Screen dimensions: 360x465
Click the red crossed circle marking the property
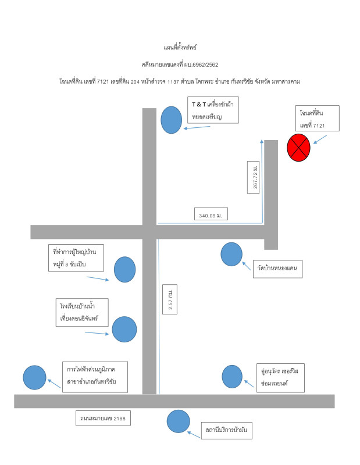tap(298, 148)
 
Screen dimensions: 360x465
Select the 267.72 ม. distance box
tap(253, 177)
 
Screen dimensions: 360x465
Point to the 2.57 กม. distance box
tap(170, 299)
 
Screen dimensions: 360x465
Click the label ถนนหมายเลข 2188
tap(103, 418)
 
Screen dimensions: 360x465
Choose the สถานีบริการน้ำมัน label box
tap(227, 431)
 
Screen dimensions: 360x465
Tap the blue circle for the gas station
tap(179, 421)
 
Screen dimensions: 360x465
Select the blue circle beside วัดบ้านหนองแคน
tap(231, 254)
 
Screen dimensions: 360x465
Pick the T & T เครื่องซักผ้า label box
tap(213, 110)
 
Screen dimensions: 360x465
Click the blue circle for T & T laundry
tap(171, 120)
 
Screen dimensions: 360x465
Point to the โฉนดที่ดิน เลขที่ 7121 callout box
tap(318, 119)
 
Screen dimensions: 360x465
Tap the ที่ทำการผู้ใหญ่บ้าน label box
tap(76, 258)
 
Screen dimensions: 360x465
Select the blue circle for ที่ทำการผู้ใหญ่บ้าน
tap(124, 269)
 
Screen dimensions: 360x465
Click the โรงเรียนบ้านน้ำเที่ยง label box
tap(82, 313)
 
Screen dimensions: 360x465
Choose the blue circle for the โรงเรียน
tap(124, 329)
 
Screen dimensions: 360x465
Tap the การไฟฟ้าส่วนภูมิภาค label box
tap(95, 377)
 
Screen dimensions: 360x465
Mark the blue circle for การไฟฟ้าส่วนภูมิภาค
tap(35, 377)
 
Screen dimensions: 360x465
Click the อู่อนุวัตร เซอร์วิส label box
tap(281, 378)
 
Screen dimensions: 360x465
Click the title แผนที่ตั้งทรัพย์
tap(180, 48)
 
